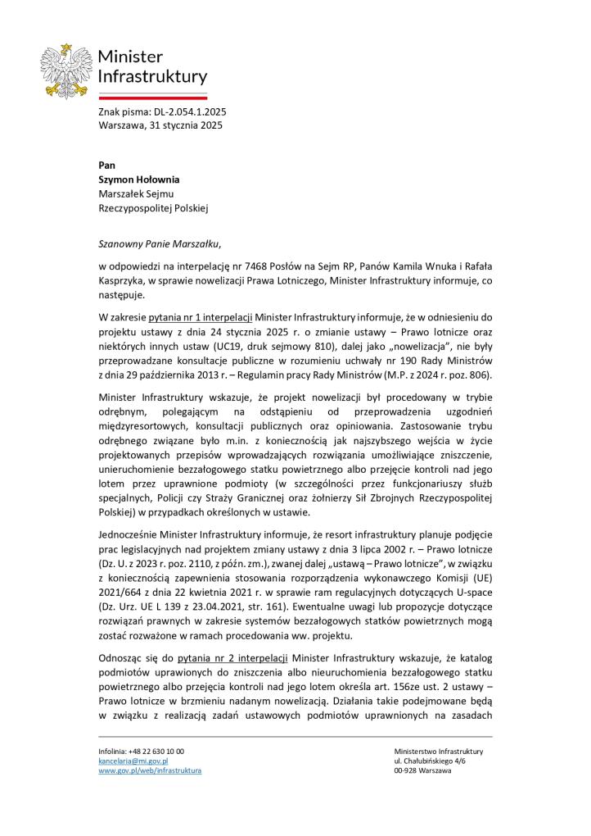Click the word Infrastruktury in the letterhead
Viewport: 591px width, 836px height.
tap(152, 77)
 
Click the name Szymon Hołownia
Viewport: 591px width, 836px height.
tap(138, 179)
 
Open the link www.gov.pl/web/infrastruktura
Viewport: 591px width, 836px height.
tap(150, 771)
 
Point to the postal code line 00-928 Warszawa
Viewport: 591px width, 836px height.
tap(422, 771)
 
